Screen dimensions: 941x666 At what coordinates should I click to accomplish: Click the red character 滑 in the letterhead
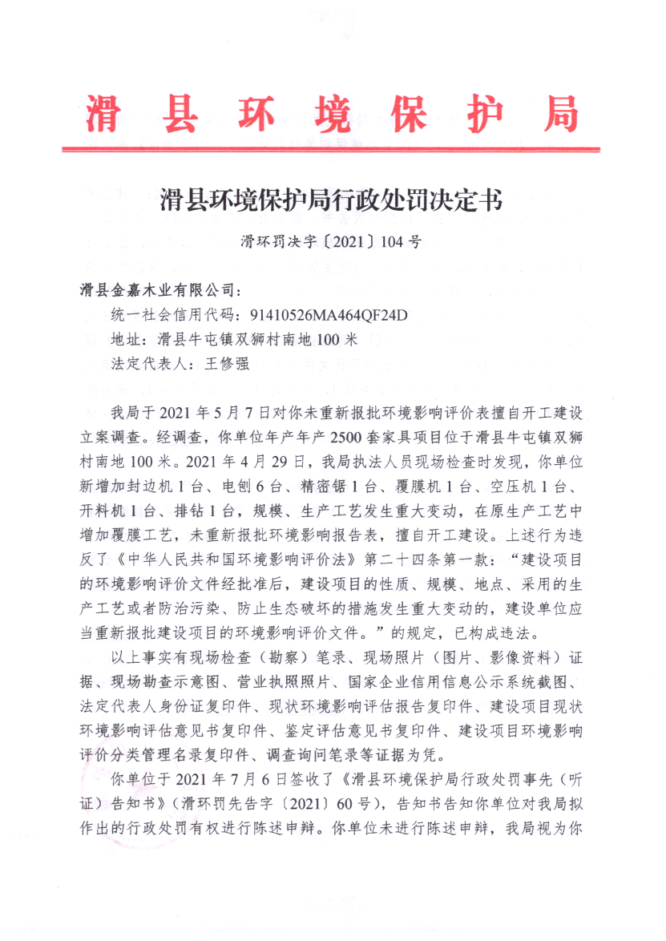coord(102,115)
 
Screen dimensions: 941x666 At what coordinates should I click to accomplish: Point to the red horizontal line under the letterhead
coord(330,148)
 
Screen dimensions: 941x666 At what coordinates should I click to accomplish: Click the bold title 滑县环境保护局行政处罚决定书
coord(332,200)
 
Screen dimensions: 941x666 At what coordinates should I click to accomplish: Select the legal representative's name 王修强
coord(229,364)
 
